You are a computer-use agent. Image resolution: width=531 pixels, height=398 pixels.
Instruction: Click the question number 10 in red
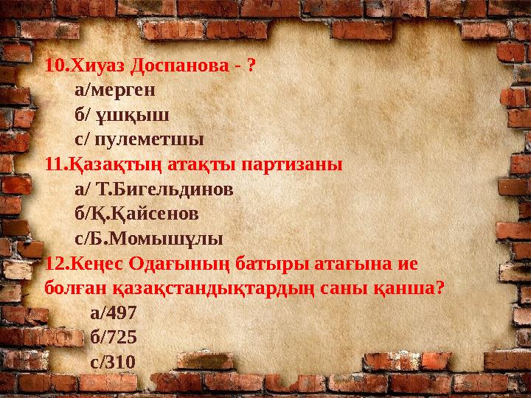tap(55, 66)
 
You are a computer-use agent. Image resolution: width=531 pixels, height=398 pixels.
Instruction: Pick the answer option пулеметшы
tap(147, 139)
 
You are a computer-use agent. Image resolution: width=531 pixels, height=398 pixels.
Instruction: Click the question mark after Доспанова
tap(251, 66)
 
